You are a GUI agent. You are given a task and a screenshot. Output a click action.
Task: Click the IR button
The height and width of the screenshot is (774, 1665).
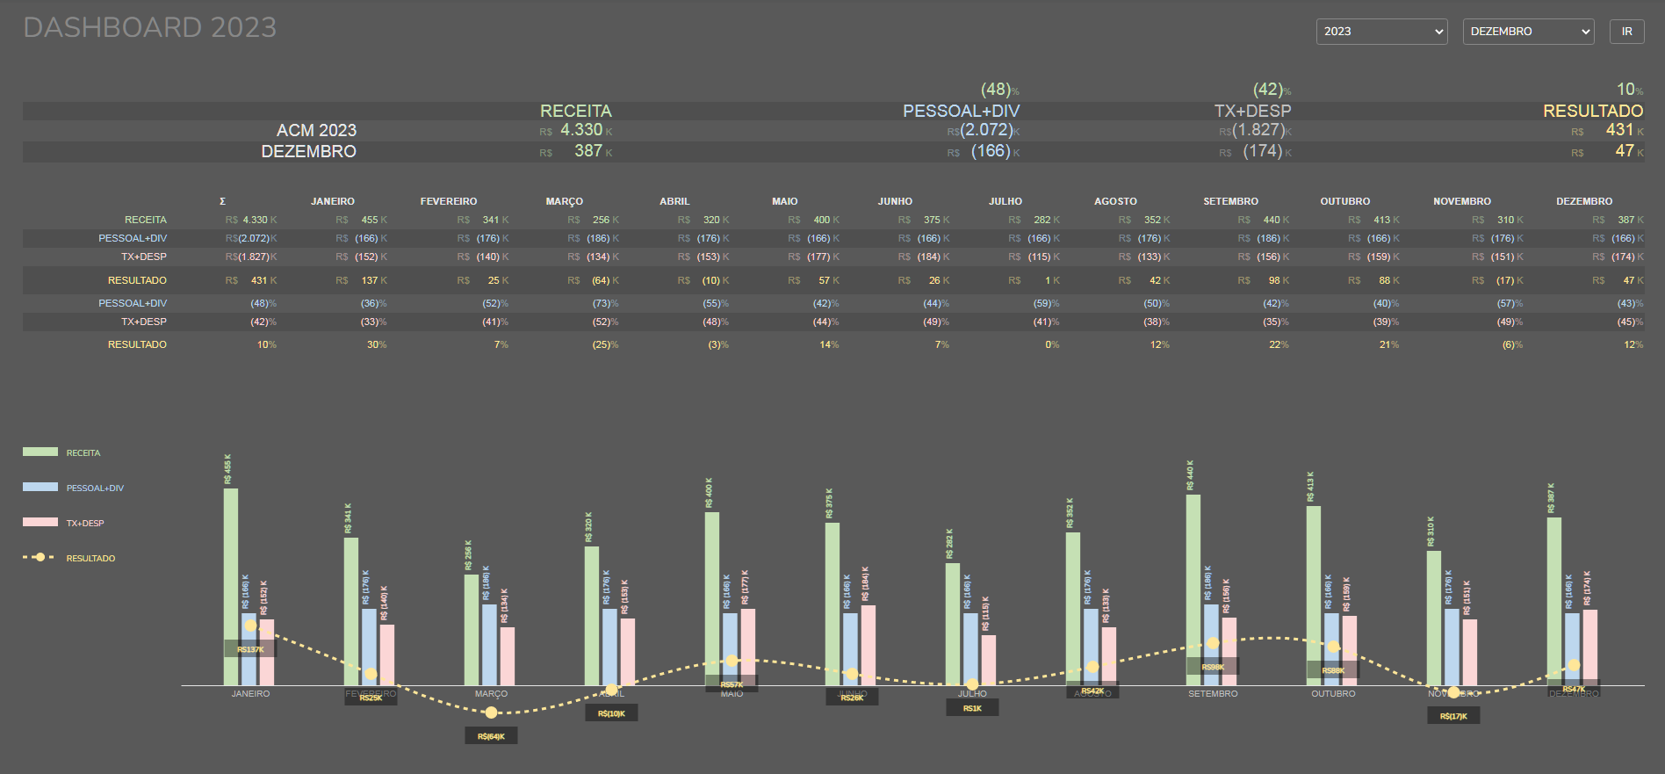tap(1626, 32)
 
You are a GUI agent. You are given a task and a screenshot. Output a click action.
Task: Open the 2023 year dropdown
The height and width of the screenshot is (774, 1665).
tap(1381, 32)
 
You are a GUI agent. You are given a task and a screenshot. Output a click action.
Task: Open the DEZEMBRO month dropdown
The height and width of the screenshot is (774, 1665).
tap(1528, 32)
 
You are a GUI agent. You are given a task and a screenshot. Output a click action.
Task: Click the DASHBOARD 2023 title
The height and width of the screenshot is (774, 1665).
tap(149, 28)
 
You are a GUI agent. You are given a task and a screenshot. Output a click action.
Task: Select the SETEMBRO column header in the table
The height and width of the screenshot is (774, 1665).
tap(1230, 201)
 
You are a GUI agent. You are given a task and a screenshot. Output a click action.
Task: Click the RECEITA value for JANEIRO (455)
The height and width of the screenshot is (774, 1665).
tap(369, 220)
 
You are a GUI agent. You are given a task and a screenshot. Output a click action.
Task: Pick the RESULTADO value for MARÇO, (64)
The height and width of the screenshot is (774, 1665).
tap(601, 280)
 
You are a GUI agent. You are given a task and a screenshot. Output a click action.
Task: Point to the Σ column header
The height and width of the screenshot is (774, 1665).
tap(222, 201)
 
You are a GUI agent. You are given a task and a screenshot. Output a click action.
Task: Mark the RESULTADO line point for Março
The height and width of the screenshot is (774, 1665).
tap(491, 713)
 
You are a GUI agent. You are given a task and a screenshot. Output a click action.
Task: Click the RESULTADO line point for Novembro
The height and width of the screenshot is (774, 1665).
tap(1453, 692)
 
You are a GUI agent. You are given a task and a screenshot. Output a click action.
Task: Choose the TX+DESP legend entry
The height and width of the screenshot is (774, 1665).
tap(84, 523)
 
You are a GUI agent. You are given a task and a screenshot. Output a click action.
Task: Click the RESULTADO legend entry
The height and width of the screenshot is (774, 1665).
tap(90, 558)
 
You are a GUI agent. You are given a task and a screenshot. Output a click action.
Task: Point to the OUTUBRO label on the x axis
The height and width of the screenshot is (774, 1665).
tap(1333, 694)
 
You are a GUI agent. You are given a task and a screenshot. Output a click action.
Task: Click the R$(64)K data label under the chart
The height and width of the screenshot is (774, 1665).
tap(491, 736)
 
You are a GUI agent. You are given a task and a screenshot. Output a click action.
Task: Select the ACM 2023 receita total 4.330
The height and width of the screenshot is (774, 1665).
tap(581, 130)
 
